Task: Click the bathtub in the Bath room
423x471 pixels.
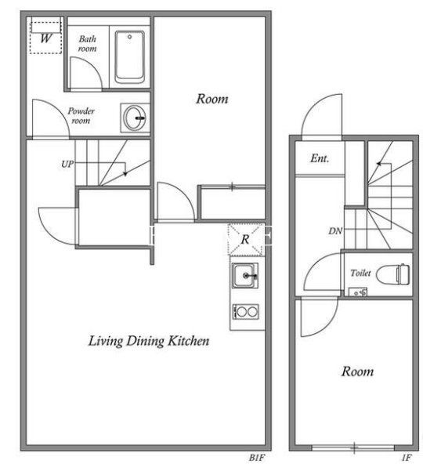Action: point(130,56)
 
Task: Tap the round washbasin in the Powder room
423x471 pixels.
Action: point(135,118)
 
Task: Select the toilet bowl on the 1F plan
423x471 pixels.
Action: point(393,274)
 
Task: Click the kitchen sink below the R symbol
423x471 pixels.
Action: point(245,275)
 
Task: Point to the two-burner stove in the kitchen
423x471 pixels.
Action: point(245,312)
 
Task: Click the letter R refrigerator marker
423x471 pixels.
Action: point(245,239)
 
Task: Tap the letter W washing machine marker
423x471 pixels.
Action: point(46,38)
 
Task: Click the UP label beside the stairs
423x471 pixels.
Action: point(67,164)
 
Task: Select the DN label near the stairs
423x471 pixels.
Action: point(335,230)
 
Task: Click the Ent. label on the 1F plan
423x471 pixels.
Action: point(320,158)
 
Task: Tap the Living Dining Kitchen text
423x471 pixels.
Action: point(149,341)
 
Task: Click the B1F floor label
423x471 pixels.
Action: point(257,458)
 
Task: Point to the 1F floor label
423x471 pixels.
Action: point(407,458)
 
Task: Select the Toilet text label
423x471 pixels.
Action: point(360,273)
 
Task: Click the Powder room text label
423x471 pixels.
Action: point(81,116)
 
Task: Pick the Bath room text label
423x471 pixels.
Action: point(88,44)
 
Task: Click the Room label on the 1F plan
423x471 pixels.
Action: point(357,371)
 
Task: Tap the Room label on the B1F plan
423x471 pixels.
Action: point(212,99)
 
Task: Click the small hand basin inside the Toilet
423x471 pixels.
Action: point(358,292)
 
